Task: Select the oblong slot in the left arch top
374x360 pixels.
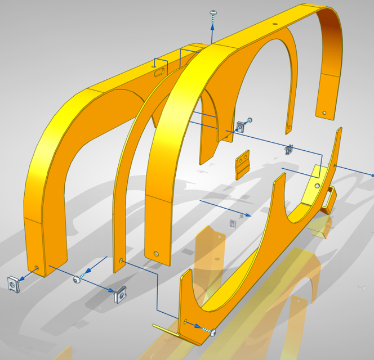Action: pyautogui.click(x=160, y=71)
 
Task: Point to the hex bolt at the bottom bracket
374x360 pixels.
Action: pyautogui.click(x=212, y=331)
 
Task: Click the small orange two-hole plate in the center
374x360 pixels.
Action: pyautogui.click(x=243, y=164)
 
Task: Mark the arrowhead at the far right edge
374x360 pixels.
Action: pyautogui.click(x=371, y=175)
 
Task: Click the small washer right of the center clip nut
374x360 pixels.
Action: pyautogui.click(x=250, y=120)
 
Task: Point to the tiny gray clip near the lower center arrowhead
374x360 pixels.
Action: pyautogui.click(x=232, y=224)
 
